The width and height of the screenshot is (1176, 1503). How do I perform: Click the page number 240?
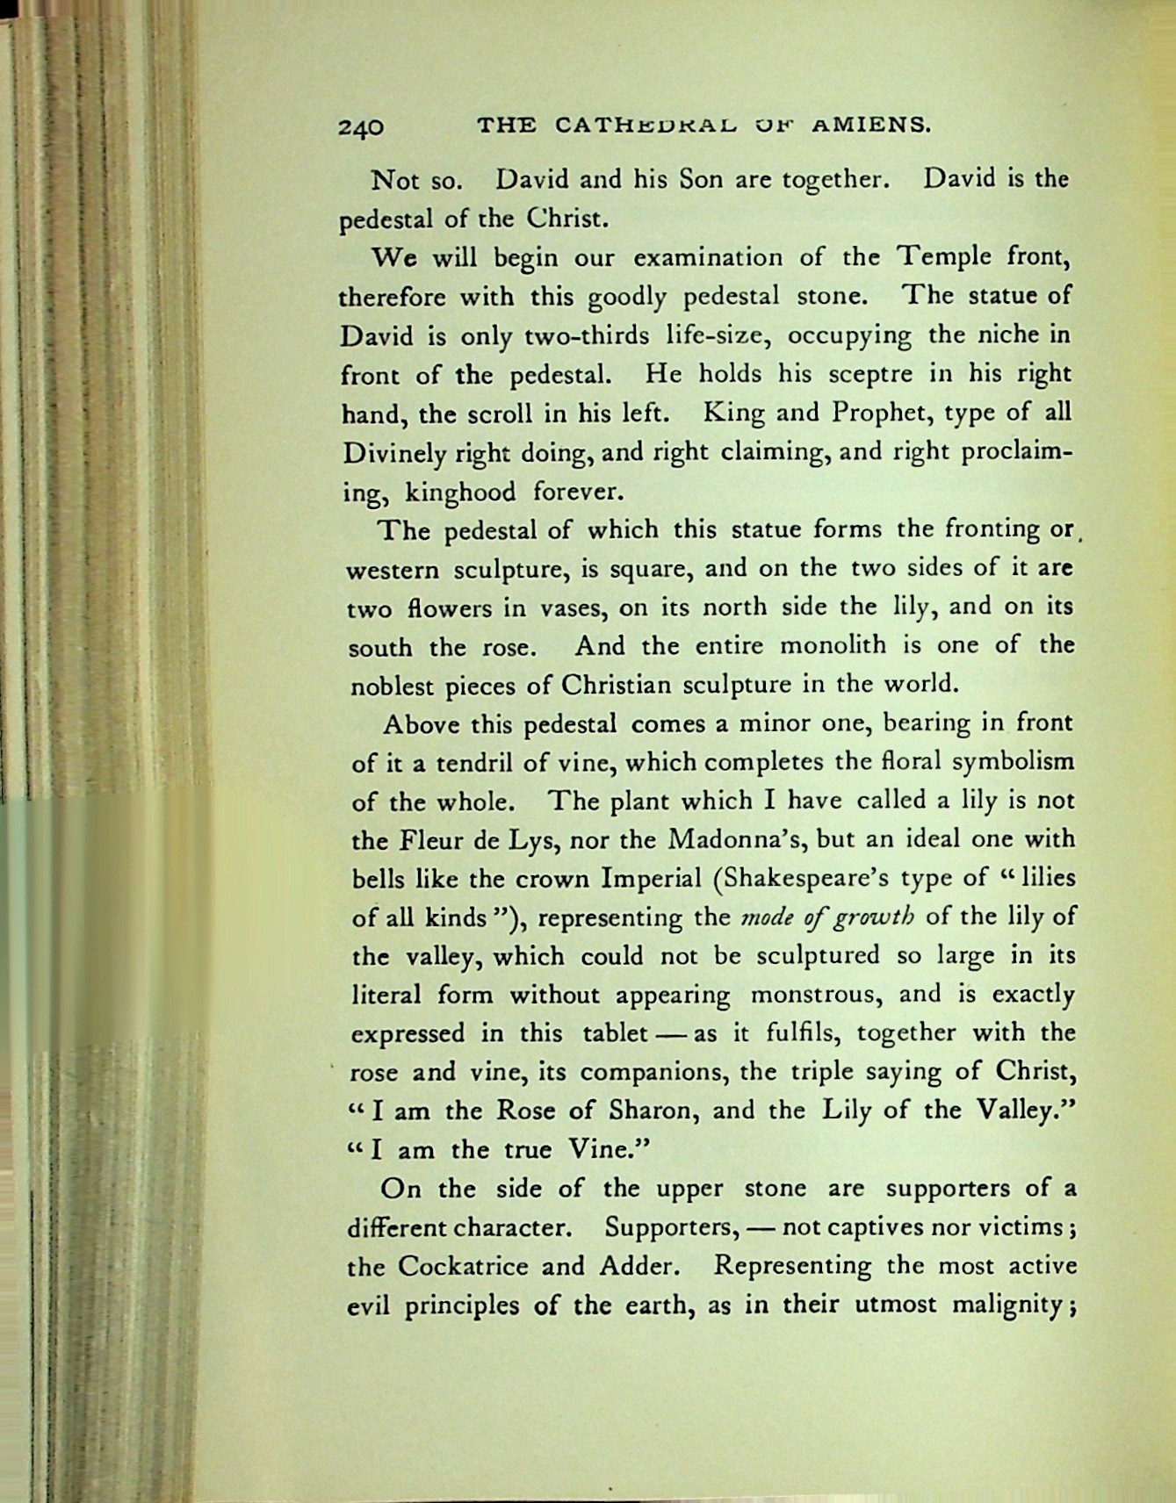coord(361,126)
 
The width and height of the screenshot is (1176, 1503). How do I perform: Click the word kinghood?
coord(459,492)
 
